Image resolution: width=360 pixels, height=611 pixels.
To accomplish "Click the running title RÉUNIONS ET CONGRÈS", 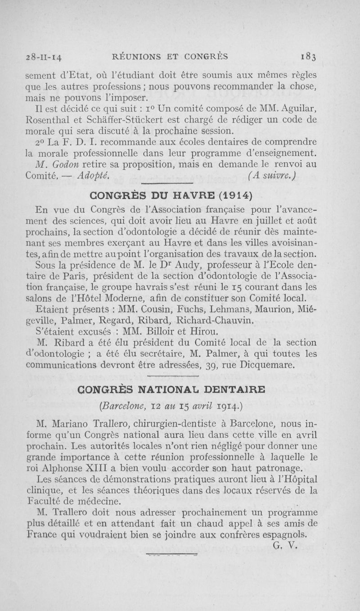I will tap(170, 57).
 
